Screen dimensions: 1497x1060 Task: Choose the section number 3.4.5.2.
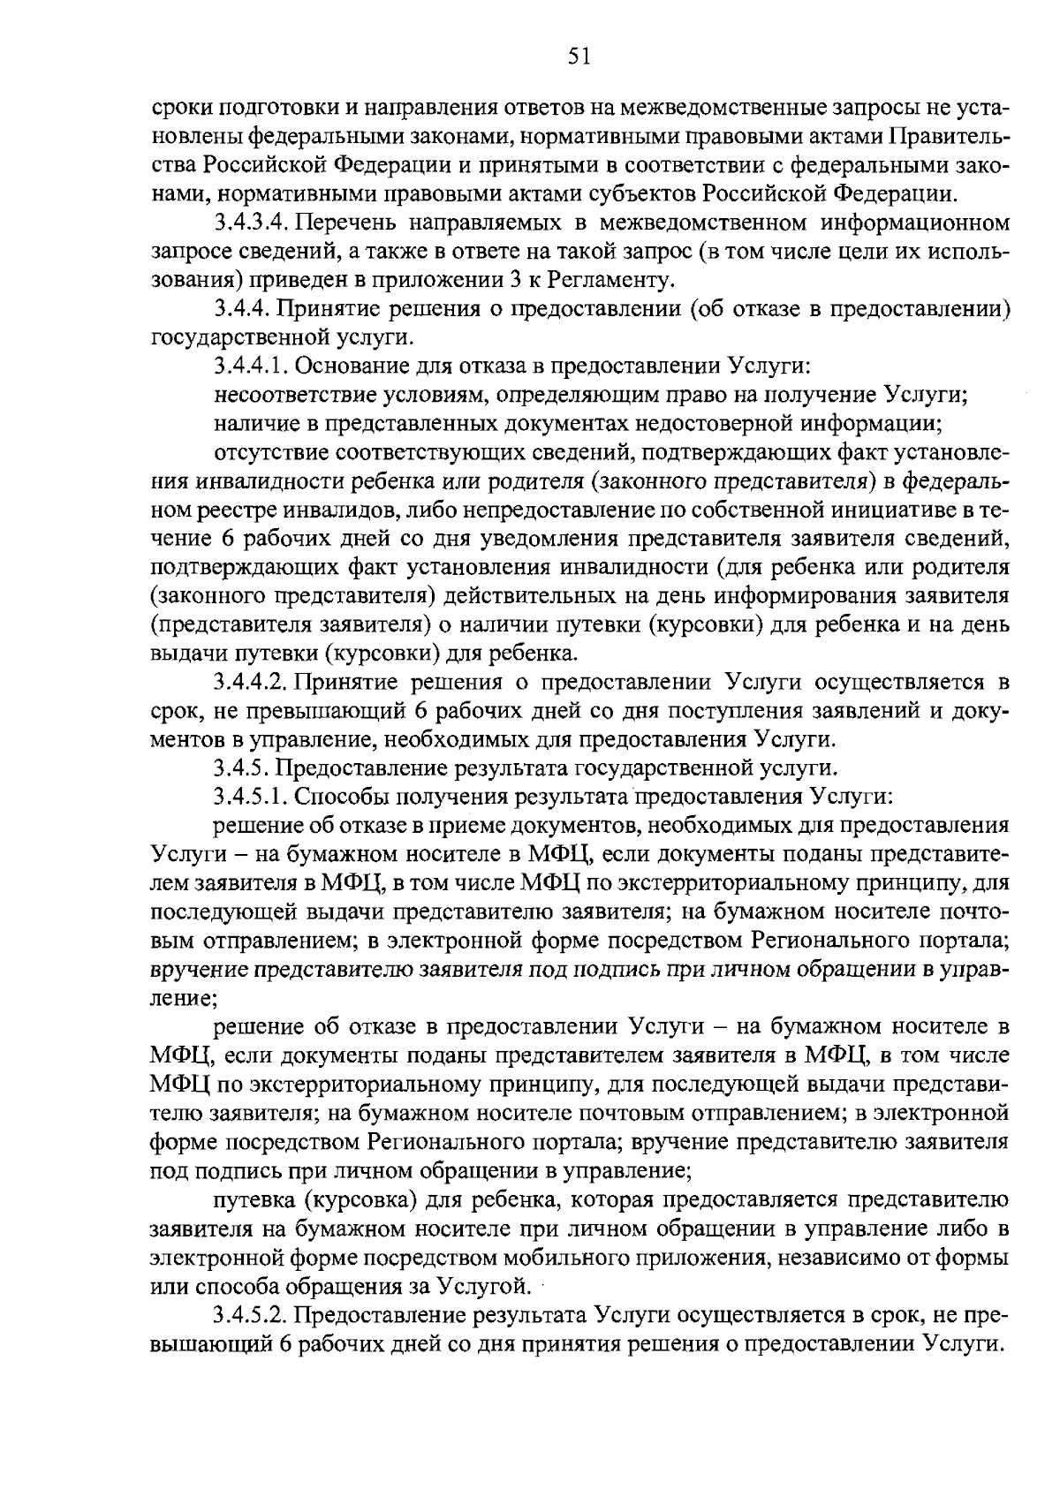pyautogui.click(x=249, y=1314)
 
